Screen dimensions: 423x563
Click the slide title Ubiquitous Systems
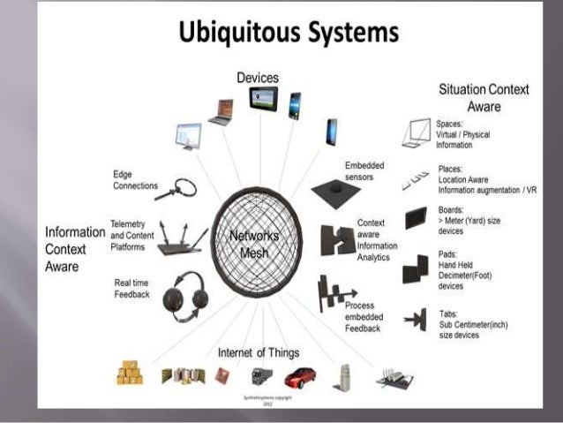pos(289,33)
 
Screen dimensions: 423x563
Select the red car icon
pos(300,378)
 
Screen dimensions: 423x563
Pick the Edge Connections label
pos(135,179)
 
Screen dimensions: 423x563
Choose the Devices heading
pos(258,79)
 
